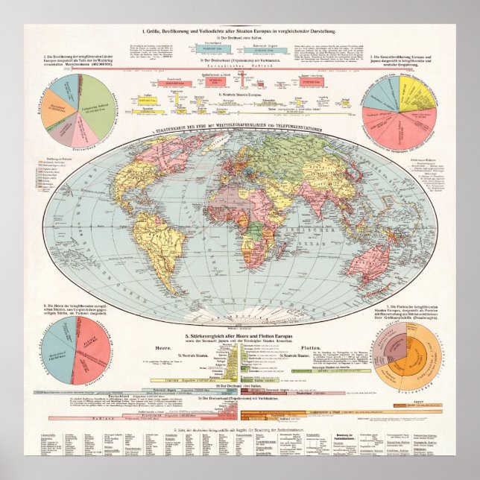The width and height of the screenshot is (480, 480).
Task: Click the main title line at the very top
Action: (x=241, y=30)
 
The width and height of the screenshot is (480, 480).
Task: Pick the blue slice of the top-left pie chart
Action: (x=55, y=92)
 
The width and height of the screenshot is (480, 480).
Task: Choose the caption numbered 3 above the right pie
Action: (x=408, y=60)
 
